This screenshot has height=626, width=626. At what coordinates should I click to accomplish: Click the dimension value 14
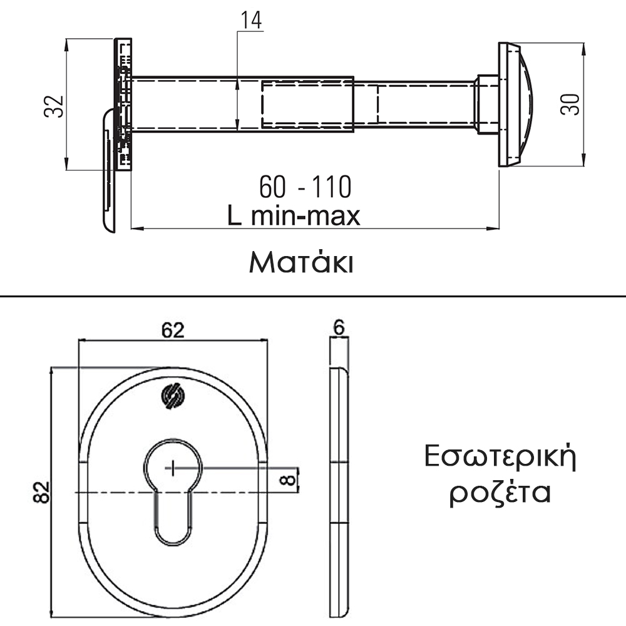[251, 20]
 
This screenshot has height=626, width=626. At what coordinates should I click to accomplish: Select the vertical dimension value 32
[53, 106]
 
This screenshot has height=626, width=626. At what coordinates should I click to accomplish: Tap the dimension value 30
[570, 105]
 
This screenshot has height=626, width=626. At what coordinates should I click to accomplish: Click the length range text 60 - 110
[305, 187]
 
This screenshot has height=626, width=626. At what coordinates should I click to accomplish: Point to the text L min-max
[294, 215]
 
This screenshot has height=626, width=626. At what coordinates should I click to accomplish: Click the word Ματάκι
[301, 262]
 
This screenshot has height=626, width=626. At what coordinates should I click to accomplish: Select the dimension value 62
[173, 330]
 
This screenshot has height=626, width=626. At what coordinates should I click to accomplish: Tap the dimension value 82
[41, 492]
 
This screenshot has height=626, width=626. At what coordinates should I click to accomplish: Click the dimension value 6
[339, 327]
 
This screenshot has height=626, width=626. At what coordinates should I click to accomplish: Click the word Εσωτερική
[500, 457]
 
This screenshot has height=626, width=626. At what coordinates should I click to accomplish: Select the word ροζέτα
[500, 493]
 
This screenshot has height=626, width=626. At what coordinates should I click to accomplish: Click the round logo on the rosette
[173, 396]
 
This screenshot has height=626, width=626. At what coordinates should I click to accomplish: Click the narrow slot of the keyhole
[173, 518]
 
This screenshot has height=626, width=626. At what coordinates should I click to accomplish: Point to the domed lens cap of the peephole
[516, 105]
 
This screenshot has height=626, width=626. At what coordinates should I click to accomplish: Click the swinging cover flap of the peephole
[109, 170]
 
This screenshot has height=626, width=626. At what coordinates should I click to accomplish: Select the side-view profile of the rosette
[339, 492]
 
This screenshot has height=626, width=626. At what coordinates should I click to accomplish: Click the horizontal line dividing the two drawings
[313, 296]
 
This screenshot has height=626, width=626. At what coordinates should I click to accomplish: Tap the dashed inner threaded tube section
[320, 105]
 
